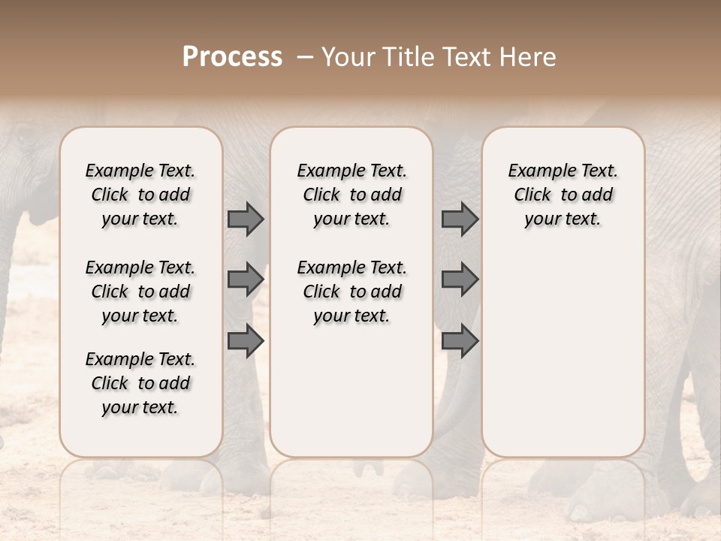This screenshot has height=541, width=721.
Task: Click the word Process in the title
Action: point(232,57)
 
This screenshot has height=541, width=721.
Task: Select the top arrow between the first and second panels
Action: point(246,219)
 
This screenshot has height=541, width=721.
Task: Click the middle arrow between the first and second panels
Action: point(246,280)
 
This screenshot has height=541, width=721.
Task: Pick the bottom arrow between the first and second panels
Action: point(246,341)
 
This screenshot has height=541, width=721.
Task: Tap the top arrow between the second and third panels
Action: point(460,219)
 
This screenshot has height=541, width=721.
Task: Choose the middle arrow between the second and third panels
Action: point(460,280)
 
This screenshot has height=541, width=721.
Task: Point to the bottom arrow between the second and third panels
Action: point(460,341)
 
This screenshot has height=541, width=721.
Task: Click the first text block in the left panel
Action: point(140,195)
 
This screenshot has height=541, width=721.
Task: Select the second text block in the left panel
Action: point(140,292)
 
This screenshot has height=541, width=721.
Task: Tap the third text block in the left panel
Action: point(140,383)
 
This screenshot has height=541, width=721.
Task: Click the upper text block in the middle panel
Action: point(351,195)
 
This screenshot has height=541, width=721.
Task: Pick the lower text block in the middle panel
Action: point(351,292)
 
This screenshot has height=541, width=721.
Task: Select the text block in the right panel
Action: point(563,195)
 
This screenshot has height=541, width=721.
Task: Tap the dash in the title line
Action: point(304,57)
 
